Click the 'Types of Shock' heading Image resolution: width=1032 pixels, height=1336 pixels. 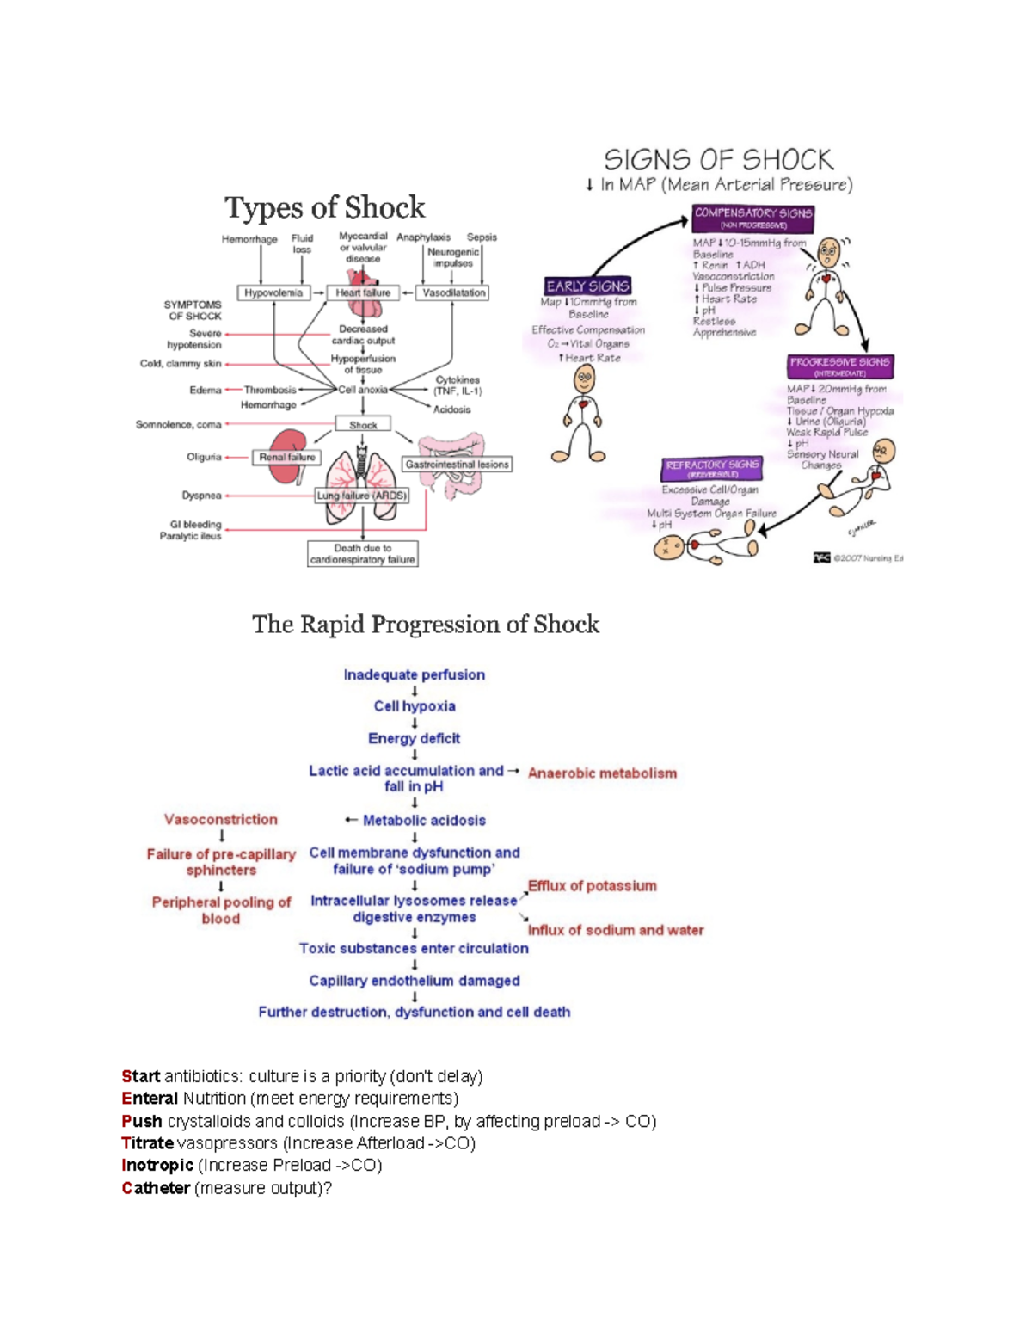[x=325, y=207]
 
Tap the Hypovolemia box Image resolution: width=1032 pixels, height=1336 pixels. [x=273, y=293]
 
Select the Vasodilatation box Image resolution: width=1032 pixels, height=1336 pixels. [x=453, y=293]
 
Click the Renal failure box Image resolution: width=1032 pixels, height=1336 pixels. [x=287, y=458]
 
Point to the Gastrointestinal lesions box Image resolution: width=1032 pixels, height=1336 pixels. [x=458, y=465]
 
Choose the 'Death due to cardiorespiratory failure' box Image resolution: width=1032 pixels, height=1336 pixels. [x=363, y=554]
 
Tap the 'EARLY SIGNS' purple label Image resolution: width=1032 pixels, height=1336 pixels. [x=588, y=286]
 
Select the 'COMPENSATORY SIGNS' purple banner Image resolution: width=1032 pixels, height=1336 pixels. [x=753, y=218]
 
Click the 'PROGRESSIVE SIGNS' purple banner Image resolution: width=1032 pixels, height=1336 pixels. [x=840, y=366]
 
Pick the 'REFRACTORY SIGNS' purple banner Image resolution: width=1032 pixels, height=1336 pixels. [x=712, y=468]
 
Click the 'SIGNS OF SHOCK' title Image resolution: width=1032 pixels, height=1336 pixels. [x=718, y=160]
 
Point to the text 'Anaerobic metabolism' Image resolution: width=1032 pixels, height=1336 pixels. [x=602, y=773]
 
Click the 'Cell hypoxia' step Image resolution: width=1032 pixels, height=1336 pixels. [x=415, y=706]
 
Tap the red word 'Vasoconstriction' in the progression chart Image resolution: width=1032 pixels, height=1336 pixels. [x=221, y=820]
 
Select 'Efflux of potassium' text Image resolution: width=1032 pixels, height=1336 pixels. [x=593, y=886]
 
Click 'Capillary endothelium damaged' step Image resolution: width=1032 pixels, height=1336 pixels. [x=415, y=981]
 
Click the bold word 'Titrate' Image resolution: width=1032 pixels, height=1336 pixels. [x=147, y=1143]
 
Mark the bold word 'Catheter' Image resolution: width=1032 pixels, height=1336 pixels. [x=156, y=1188]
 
